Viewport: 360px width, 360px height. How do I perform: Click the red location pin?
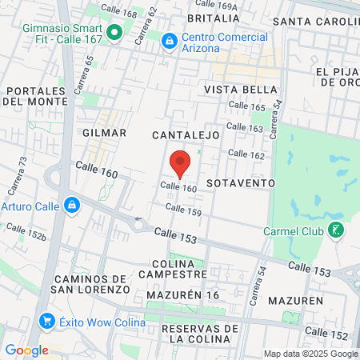coord(180,162)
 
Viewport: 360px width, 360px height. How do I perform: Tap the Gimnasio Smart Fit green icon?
coord(114,33)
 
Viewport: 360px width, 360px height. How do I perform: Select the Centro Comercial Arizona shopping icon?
coord(170,40)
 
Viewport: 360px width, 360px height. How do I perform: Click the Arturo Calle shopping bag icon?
coord(72,206)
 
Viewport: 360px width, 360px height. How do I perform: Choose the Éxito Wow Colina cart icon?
coord(46,322)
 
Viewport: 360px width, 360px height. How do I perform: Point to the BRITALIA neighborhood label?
coord(213,18)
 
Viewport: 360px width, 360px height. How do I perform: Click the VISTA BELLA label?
coord(240,90)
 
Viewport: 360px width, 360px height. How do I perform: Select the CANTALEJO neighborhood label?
coord(186,135)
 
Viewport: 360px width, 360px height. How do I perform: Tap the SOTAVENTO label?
coord(240,182)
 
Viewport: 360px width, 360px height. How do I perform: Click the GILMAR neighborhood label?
coord(104,132)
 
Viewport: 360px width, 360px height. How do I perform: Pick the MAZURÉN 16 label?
coord(182,295)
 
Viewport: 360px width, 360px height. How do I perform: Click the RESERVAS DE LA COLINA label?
coord(200,334)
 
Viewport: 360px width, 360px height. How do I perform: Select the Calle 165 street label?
coord(246,106)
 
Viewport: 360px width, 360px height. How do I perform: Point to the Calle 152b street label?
coord(25,231)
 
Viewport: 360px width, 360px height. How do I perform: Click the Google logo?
coord(26,350)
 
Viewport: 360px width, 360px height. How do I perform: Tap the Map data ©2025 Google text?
coord(311,354)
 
